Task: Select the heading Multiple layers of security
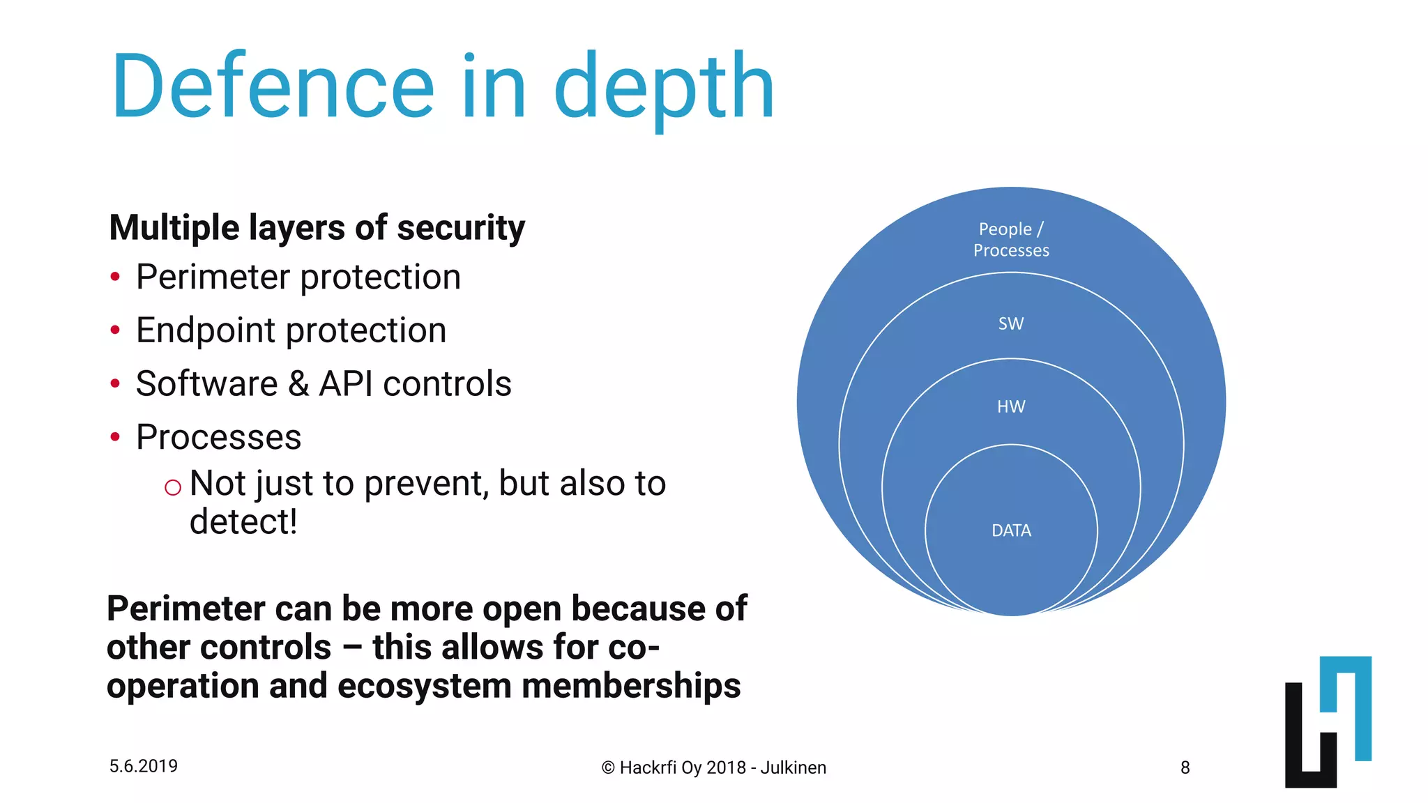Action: tap(317, 228)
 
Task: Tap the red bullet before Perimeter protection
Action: tap(115, 277)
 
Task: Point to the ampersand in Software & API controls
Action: tap(298, 384)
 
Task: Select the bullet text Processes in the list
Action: tap(218, 437)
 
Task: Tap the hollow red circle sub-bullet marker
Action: tap(173, 487)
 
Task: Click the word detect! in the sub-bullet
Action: tap(243, 521)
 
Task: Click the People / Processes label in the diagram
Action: tap(1011, 239)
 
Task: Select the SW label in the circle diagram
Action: tap(1011, 323)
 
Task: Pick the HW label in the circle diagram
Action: tap(1011, 406)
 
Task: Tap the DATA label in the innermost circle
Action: tap(1011, 530)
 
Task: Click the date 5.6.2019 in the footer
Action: tap(144, 766)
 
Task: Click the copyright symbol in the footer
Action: tap(608, 768)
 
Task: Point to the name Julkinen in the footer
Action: tap(793, 767)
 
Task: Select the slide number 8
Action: tap(1185, 767)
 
